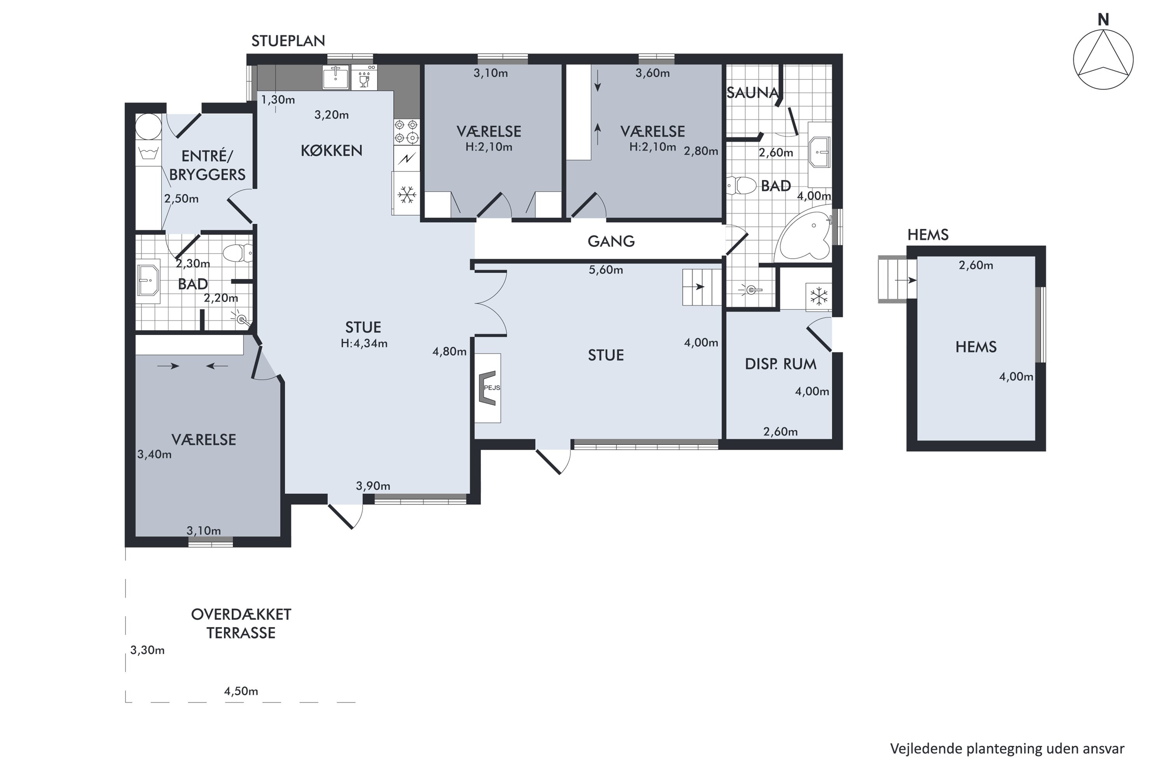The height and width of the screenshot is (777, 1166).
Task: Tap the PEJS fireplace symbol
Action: pos(488,388)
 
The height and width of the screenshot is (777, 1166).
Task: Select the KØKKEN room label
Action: pos(331,151)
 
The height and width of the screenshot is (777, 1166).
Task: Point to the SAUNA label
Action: pos(752,93)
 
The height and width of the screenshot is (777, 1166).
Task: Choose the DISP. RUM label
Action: pos(780,364)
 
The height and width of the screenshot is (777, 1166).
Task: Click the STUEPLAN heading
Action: pos(288,41)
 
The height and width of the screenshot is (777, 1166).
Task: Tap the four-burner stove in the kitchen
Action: pos(407,131)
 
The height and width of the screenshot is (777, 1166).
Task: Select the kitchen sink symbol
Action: pos(336,77)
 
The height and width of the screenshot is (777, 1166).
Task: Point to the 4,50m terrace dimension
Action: pos(241,691)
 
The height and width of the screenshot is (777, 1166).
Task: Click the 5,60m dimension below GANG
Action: pos(606,270)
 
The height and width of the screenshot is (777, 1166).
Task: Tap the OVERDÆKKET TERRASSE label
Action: pos(241,624)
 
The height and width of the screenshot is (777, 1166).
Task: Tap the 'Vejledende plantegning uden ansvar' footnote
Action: pos(1007,748)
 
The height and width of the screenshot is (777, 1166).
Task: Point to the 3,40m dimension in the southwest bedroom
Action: pos(154,455)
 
